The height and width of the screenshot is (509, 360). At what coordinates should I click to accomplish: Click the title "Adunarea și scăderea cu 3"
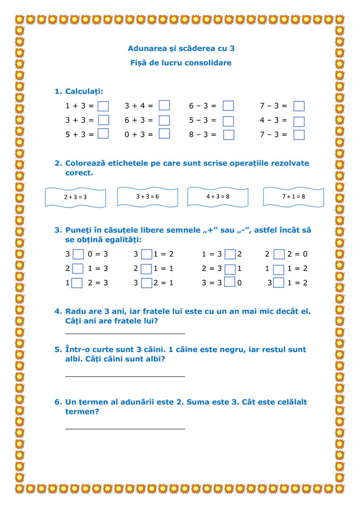[x=181, y=48]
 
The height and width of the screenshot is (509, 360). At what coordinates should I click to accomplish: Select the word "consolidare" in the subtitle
[x=208, y=63]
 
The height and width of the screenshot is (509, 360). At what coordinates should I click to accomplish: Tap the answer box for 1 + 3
[x=103, y=106]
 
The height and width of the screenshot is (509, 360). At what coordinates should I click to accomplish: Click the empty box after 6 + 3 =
[x=164, y=120]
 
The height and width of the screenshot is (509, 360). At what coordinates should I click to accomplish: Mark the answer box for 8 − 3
[x=228, y=134]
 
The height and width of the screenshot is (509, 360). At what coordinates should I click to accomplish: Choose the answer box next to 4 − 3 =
[x=299, y=121]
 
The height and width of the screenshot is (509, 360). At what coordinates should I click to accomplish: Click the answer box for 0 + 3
[x=164, y=134]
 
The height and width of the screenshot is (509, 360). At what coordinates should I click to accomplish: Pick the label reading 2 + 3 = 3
[x=75, y=197]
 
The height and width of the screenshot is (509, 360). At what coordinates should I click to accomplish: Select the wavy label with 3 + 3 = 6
[x=147, y=196]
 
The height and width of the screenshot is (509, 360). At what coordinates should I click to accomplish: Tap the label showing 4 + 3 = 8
[x=218, y=196]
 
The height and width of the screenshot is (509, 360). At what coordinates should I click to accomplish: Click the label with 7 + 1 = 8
[x=293, y=196]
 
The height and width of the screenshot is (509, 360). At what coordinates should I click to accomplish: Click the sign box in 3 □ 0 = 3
[x=78, y=254]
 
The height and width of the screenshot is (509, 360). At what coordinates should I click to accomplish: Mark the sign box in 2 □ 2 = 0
[x=279, y=254]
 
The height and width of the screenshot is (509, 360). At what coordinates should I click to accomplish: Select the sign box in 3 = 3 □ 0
[x=230, y=282]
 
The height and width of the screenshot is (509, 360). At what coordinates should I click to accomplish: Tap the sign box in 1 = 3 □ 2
[x=230, y=254]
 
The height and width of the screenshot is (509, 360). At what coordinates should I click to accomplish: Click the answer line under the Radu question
[x=125, y=333]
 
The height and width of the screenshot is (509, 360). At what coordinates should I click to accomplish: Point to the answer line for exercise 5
[x=125, y=375]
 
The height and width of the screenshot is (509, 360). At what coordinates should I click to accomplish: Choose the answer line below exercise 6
[x=125, y=428]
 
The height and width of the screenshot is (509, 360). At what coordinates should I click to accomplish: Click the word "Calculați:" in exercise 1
[x=84, y=91]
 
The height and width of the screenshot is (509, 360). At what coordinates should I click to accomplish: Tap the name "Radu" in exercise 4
[x=75, y=311]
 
